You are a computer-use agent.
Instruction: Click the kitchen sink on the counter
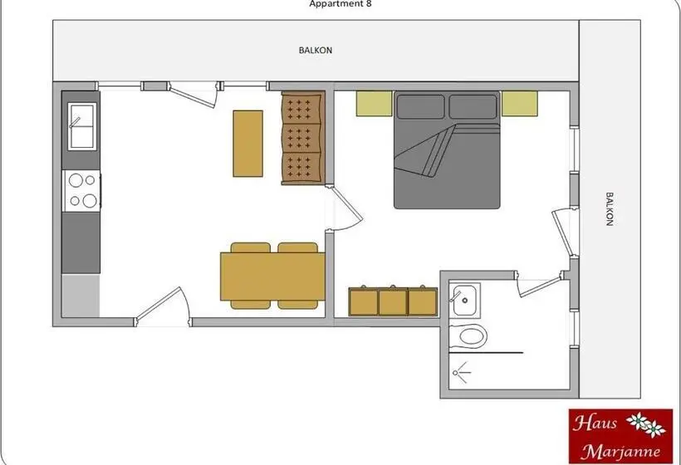coord(81,126)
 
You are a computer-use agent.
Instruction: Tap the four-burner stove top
coord(81,191)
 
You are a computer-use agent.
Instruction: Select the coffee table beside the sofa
coord(247,144)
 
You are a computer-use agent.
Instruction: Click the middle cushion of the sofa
coord(303,138)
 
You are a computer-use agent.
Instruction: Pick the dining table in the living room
coord(272,277)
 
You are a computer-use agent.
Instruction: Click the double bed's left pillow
coord(420,106)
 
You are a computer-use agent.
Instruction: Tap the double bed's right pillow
coord(473,106)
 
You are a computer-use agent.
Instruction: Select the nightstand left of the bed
coord(375,103)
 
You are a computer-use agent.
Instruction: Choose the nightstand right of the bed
coord(520,103)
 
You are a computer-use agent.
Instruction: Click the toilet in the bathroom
coord(468,336)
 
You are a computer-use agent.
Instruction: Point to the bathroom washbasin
coord(465,299)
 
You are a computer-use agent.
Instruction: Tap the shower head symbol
coord(461,373)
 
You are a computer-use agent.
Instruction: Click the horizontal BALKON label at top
coord(316,51)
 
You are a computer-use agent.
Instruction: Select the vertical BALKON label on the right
coord(609,209)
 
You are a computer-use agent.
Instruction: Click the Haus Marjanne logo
coord(620,436)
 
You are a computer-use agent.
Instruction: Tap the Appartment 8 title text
coord(340,4)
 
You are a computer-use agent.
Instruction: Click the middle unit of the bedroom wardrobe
coord(393,301)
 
